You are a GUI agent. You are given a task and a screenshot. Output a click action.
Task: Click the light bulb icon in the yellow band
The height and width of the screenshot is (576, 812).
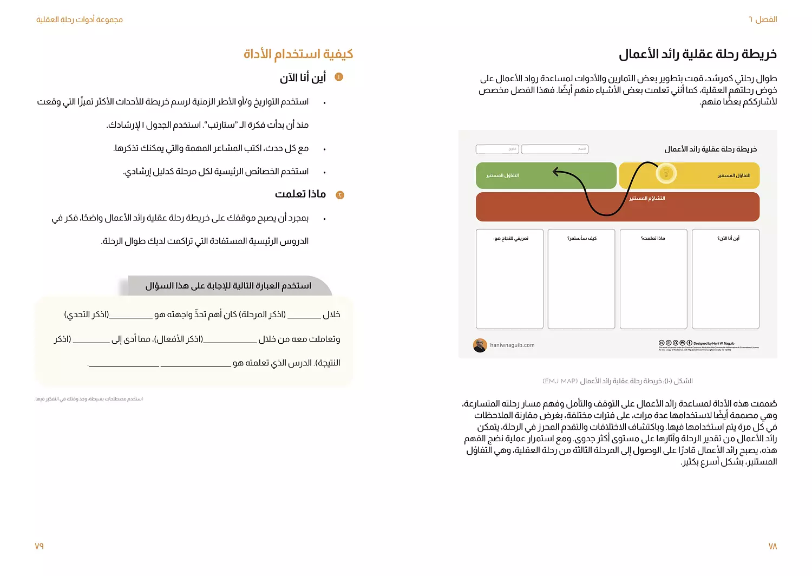[x=666, y=173]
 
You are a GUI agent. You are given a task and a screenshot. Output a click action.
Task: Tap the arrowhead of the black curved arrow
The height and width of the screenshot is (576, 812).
[x=556, y=172]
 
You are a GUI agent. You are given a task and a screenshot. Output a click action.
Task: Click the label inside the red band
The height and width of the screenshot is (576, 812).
[x=647, y=199]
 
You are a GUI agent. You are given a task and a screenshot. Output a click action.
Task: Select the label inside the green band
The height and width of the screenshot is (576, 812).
[x=502, y=175]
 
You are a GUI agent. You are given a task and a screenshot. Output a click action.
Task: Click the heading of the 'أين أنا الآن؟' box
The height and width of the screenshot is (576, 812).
[x=728, y=238]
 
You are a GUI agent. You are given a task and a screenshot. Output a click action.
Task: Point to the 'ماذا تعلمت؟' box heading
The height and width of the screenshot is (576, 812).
[x=653, y=238]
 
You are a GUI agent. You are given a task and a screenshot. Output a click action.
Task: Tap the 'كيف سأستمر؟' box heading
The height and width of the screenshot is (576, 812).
[x=582, y=238]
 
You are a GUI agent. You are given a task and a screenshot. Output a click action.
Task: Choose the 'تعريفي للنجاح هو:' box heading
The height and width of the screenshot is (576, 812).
[x=510, y=238]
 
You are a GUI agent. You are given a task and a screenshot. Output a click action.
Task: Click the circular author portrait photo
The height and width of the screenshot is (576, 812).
[x=480, y=345]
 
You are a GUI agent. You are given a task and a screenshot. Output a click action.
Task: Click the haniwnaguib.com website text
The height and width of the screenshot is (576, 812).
[x=512, y=345]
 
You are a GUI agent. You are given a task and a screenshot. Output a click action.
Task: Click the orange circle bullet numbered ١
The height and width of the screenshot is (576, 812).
[x=339, y=77]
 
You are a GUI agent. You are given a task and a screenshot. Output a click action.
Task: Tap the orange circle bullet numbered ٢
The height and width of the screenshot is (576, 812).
[x=340, y=195]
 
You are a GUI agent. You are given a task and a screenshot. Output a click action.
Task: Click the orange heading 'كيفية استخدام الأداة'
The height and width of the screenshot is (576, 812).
[x=298, y=54]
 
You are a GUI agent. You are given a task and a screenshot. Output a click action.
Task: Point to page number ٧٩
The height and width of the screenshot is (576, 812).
[x=39, y=546]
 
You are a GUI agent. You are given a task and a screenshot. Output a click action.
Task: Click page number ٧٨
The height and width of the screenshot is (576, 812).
[x=772, y=546]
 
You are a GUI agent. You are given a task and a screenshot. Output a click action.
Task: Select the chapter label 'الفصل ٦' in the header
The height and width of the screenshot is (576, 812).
[x=763, y=19]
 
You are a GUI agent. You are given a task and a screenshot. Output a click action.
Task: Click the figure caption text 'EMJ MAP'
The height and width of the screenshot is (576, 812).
[x=560, y=381]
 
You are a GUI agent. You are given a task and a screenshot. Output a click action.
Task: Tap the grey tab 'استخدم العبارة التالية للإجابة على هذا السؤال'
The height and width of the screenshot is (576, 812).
[x=228, y=286]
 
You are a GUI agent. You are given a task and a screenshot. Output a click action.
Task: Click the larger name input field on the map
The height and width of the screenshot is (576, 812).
[x=554, y=149]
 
